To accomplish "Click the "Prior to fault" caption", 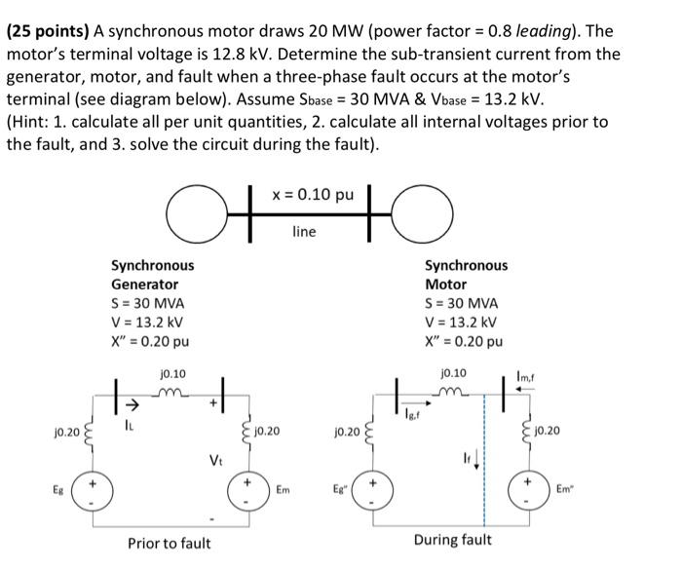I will pyautogui.click(x=169, y=543).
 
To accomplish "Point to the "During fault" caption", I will pyautogui.click(x=452, y=539).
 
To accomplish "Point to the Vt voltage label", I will pyautogui.click(x=216, y=458).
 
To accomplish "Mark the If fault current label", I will pyautogui.click(x=468, y=458).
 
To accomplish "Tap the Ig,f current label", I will pyautogui.click(x=415, y=416).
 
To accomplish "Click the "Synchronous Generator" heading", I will pyautogui.click(x=152, y=274).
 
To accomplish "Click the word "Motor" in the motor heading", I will pyautogui.click(x=445, y=284).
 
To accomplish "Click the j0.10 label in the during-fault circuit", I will pyautogui.click(x=453, y=373).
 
